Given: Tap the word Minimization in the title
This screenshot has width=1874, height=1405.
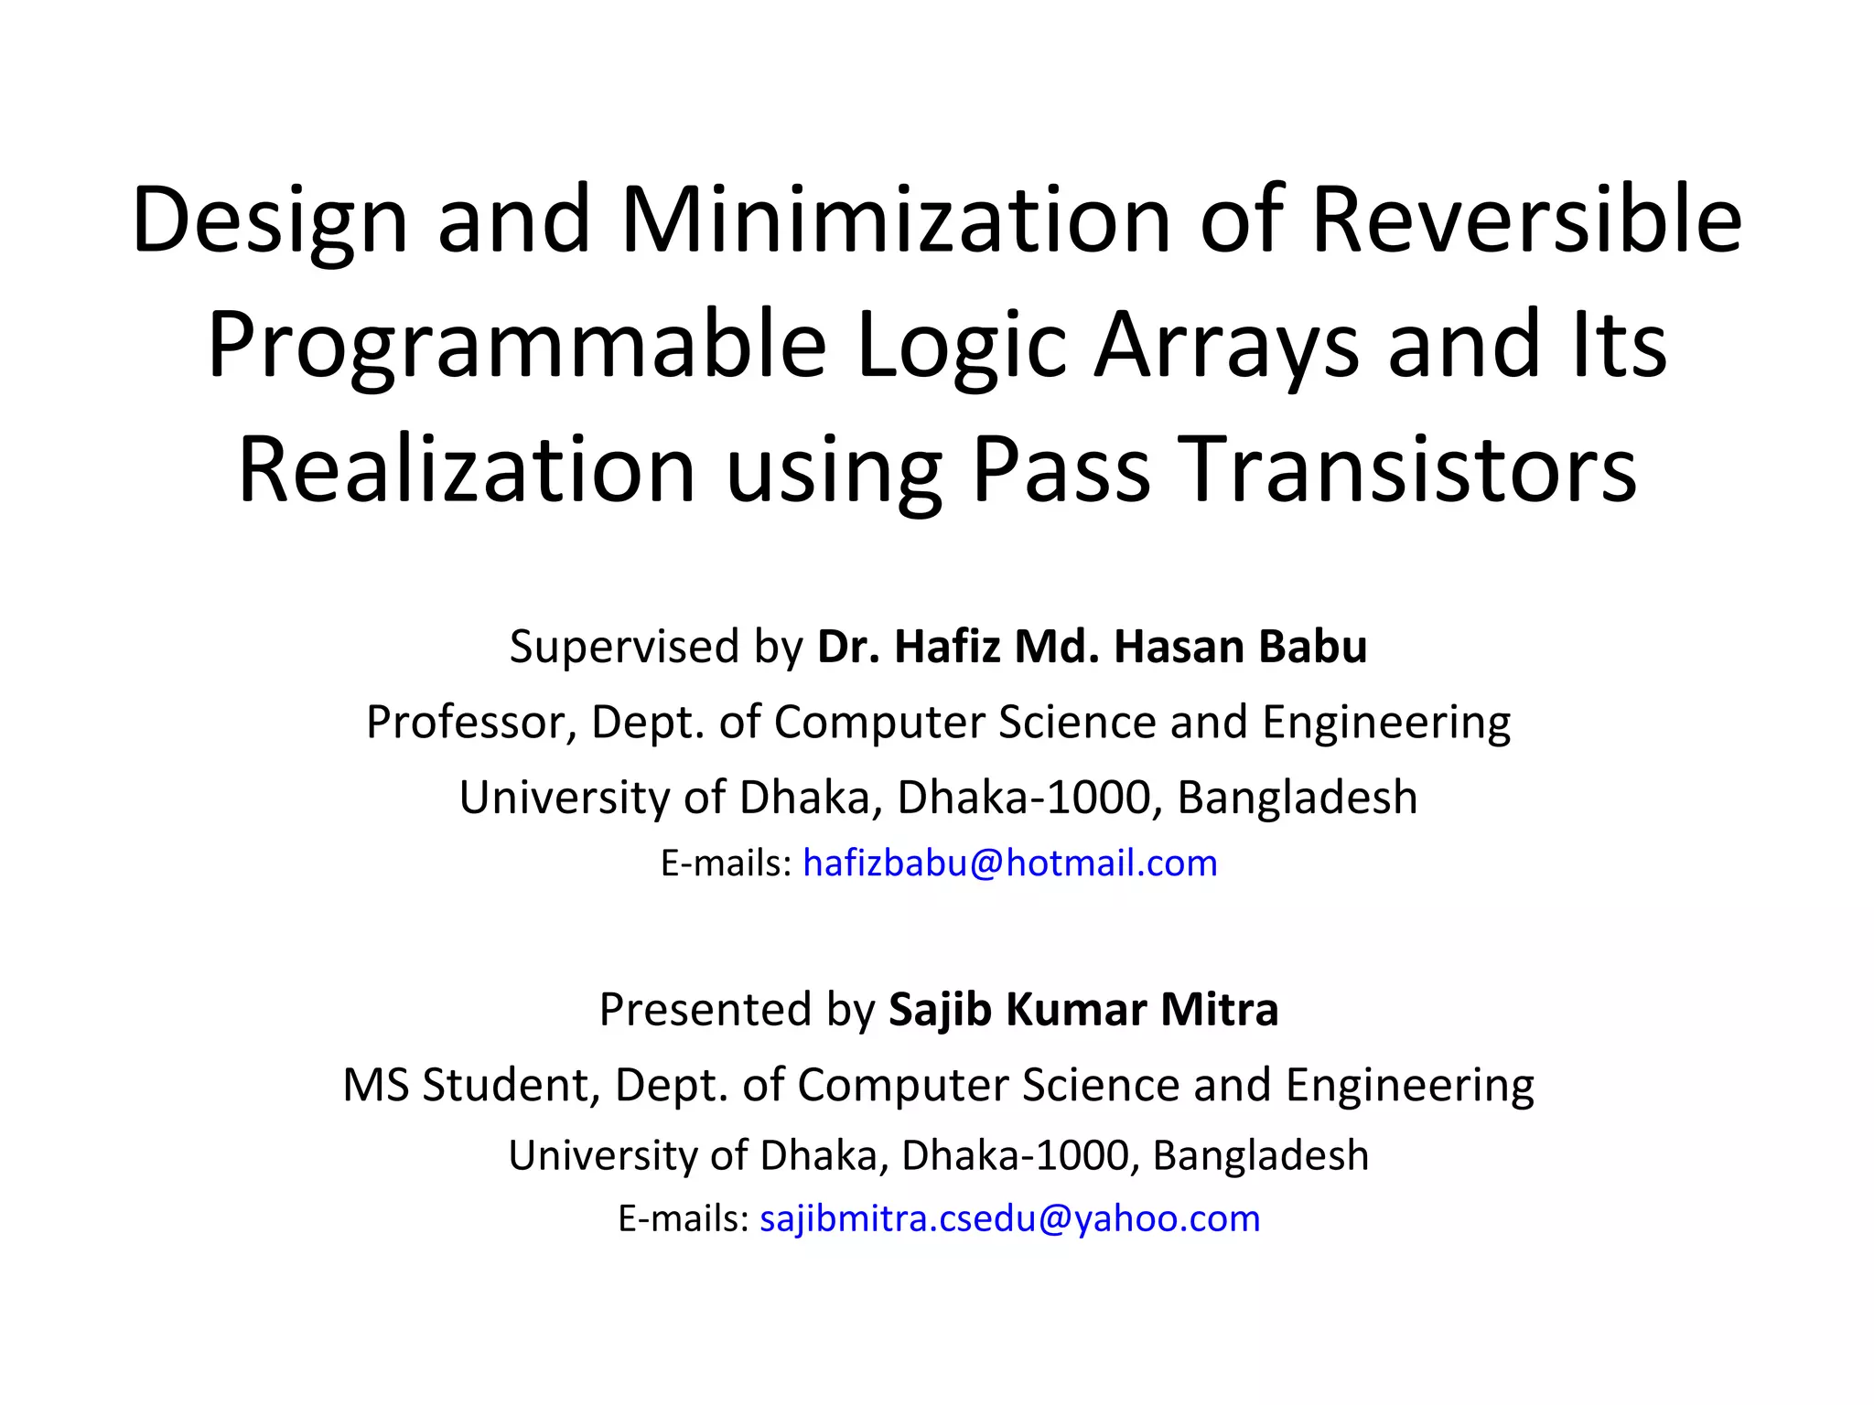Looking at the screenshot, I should [x=896, y=221].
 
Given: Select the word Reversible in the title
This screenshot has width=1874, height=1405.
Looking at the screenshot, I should [x=1526, y=221].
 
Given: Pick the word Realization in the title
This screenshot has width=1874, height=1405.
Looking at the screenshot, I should [x=467, y=470].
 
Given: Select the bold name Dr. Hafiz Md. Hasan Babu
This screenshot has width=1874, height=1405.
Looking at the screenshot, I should [x=1092, y=647].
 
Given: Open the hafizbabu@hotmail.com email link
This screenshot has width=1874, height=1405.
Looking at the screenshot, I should [x=1010, y=863].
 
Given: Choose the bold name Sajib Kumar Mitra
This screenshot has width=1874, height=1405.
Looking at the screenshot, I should [x=1083, y=1010].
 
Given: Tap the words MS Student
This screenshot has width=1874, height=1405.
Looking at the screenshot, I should [x=470, y=1085].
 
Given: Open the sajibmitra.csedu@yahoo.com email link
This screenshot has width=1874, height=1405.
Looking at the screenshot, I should [x=1010, y=1218].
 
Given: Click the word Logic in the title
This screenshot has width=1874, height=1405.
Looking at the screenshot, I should [x=961, y=346].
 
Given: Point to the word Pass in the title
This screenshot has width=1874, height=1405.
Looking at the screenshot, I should [x=1061, y=470].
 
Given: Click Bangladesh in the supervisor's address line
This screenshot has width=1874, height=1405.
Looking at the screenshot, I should [x=1297, y=797].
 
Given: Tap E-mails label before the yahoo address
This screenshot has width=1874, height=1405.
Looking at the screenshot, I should [x=684, y=1218].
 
